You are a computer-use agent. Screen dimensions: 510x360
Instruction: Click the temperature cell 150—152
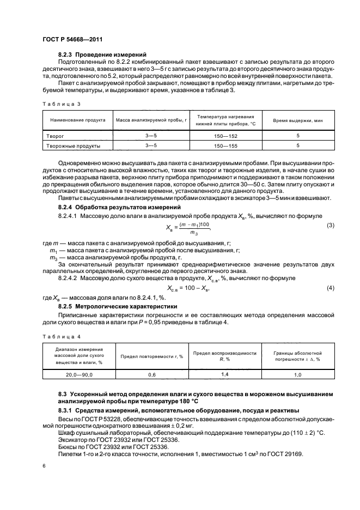[225, 136]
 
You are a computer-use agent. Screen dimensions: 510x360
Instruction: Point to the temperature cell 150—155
[225, 145]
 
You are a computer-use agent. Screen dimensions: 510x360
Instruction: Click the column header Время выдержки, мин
[298, 120]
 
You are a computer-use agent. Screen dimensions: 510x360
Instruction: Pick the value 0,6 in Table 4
[152, 375]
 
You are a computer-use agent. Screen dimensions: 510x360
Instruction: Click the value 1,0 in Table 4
[298, 375]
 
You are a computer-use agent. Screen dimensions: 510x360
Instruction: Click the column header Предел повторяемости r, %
[152, 356]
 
